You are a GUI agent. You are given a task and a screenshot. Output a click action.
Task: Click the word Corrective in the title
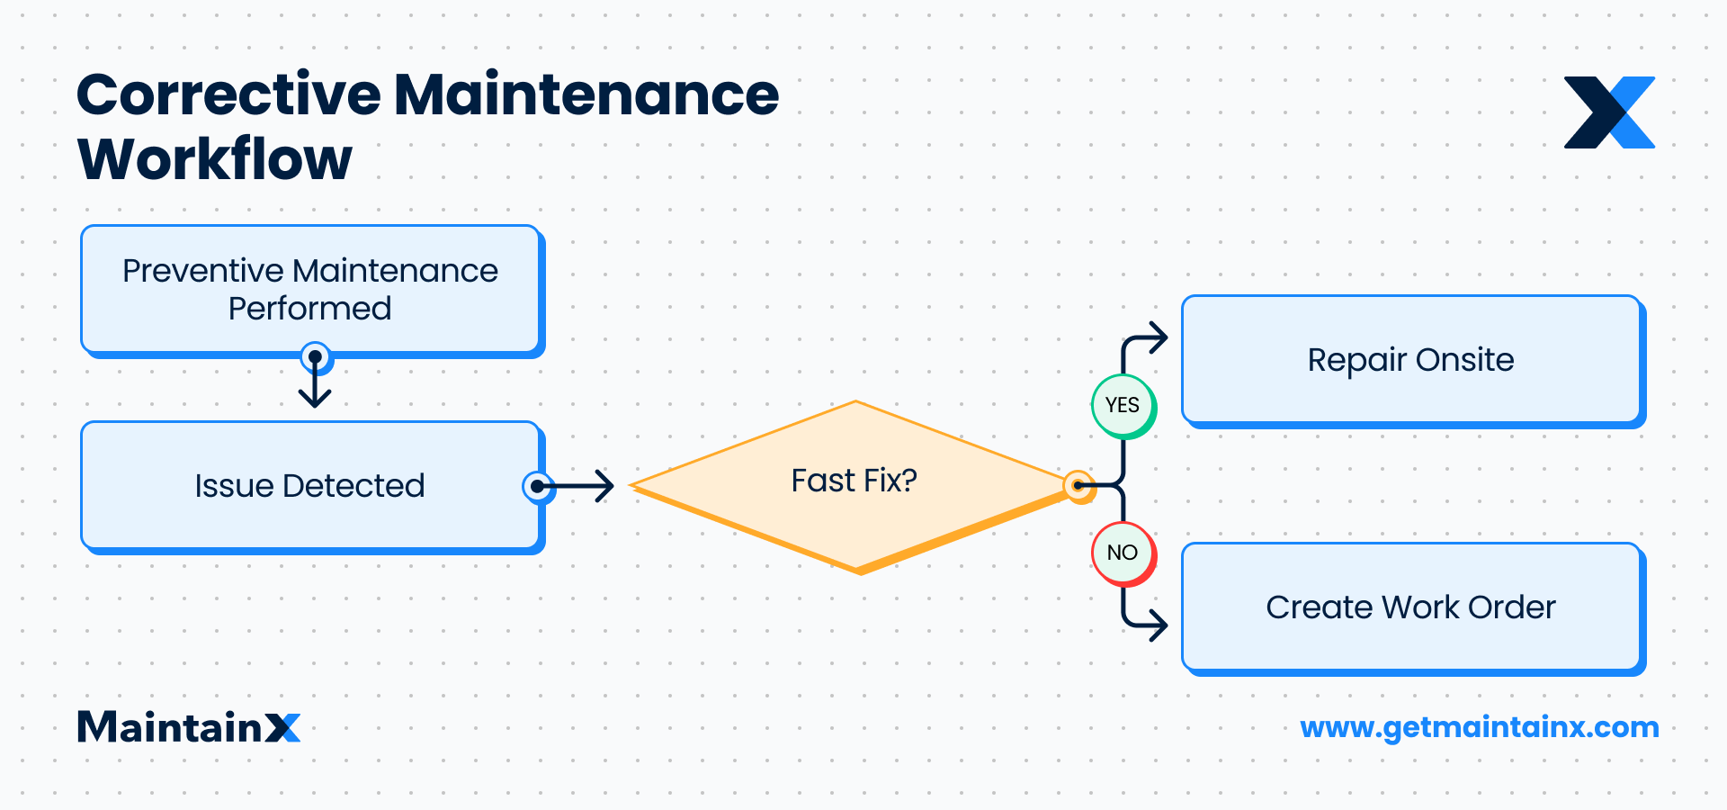pyautogui.click(x=228, y=94)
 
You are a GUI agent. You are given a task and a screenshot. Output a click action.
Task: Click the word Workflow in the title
pyautogui.click(x=214, y=160)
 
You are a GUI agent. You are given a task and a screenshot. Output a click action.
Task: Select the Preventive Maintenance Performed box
pyautogui.click(x=310, y=289)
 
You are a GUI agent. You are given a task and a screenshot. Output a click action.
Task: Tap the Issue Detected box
pyautogui.click(x=310, y=486)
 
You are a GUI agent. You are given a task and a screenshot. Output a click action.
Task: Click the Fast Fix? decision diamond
pyautogui.click(x=855, y=482)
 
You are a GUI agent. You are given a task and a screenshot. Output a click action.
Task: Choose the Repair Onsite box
pyautogui.click(x=1410, y=360)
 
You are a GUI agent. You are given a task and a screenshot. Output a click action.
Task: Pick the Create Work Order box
pyautogui.click(x=1410, y=607)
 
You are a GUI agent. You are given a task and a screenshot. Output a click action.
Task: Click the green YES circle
pyautogui.click(x=1123, y=406)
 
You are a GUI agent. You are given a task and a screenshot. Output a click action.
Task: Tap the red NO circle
pyautogui.click(x=1123, y=553)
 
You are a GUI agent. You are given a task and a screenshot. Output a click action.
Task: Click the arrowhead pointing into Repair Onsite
pyautogui.click(x=1158, y=338)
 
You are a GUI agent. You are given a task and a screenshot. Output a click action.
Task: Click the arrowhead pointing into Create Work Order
pyautogui.click(x=1158, y=624)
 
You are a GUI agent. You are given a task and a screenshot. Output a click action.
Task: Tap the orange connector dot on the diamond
pyautogui.click(x=1078, y=486)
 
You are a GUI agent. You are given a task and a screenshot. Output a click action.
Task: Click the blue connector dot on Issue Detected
pyautogui.click(x=537, y=486)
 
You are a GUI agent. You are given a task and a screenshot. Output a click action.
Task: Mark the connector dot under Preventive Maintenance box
pyautogui.click(x=315, y=357)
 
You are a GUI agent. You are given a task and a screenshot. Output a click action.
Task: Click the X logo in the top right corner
pyautogui.click(x=1609, y=112)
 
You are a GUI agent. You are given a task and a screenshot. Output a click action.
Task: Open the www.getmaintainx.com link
pyautogui.click(x=1479, y=727)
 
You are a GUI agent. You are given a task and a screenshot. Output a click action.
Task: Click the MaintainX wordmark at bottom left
pyautogui.click(x=189, y=727)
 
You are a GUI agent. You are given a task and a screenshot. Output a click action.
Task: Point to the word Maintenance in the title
pyautogui.click(x=586, y=94)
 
